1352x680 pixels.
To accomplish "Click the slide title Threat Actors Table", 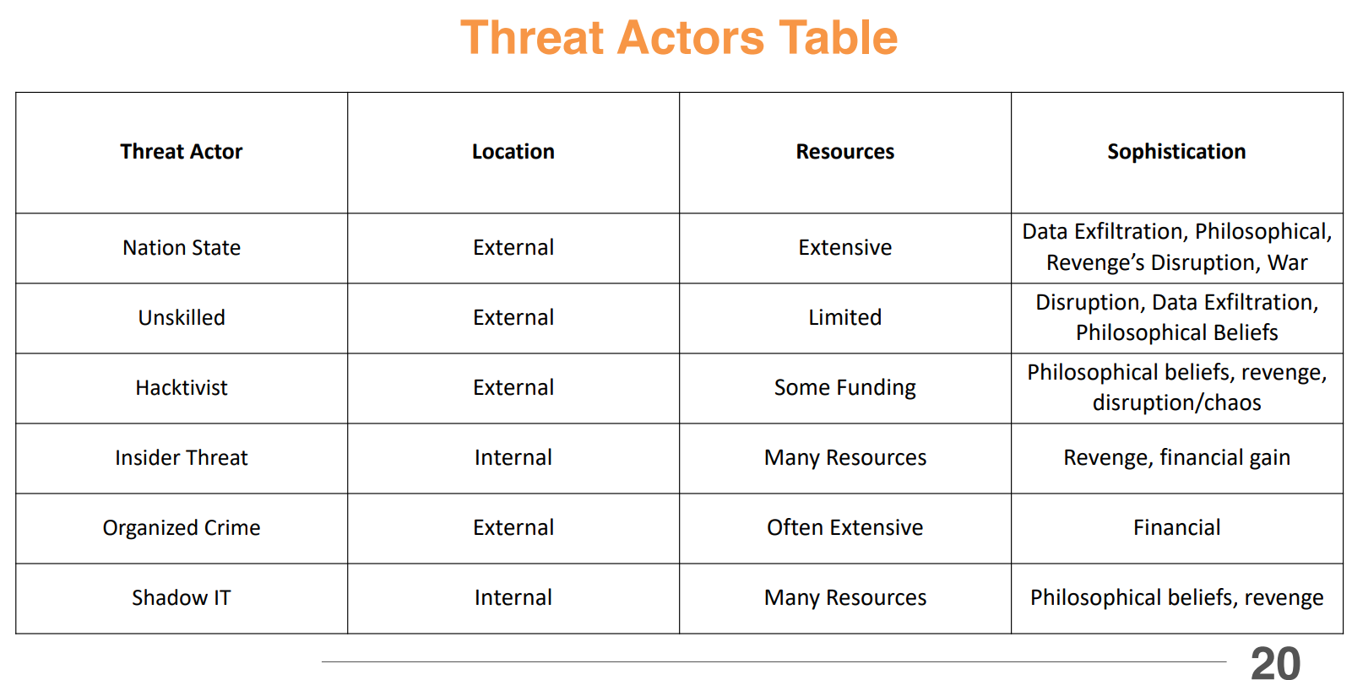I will tap(679, 38).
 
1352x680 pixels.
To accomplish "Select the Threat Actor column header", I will tap(181, 152).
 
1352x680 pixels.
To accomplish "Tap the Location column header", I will tap(513, 152).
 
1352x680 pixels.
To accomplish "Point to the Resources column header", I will tap(844, 152).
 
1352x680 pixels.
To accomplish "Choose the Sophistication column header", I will tap(1176, 152).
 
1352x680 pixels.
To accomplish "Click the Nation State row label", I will tap(181, 248).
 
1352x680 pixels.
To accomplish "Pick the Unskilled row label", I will tap(181, 318).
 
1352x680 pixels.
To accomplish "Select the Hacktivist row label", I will tap(181, 388).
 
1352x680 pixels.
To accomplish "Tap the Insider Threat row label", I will tap(181, 458).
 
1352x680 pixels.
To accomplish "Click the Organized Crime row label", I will tap(181, 528).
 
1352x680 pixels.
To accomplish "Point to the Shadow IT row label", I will tap(181, 598).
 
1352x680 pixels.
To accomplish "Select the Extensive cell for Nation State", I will tap(844, 248).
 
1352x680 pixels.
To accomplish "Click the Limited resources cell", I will tap(844, 318).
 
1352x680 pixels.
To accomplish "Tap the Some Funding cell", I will tap(844, 388).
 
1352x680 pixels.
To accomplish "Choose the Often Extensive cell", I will tap(844, 528).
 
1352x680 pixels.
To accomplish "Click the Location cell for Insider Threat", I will tap(513, 458).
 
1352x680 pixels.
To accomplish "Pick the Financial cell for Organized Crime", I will tap(1176, 528).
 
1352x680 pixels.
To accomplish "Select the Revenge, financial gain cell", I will tap(1176, 458).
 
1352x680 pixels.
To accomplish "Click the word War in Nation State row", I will tap(1287, 263).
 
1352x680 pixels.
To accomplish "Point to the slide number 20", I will tap(1275, 662).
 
